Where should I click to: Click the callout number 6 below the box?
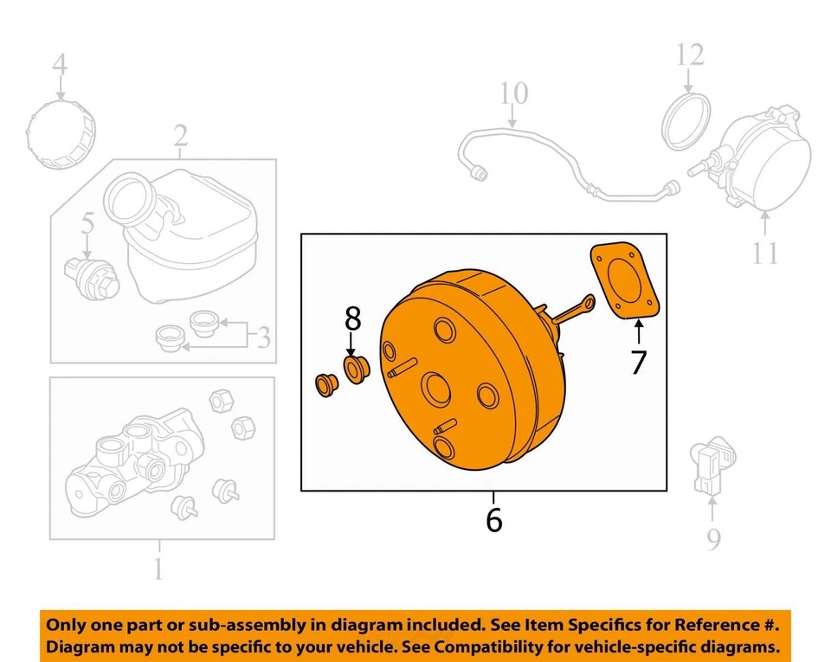[493, 521]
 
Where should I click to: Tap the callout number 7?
[638, 362]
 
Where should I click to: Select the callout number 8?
[352, 319]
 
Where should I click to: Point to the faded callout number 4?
[59, 64]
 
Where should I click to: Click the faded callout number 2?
[180, 135]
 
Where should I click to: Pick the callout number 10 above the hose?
[513, 93]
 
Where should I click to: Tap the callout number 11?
[765, 253]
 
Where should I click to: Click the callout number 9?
[712, 540]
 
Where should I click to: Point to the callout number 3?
[261, 337]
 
